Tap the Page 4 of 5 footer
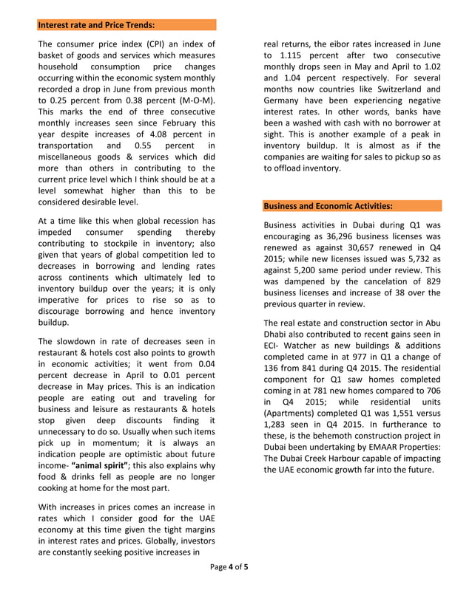pyautogui.click(x=229, y=588)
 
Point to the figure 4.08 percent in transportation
pyautogui.click(x=172, y=134)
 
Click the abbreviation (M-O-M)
pyautogui.click(x=198, y=99)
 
